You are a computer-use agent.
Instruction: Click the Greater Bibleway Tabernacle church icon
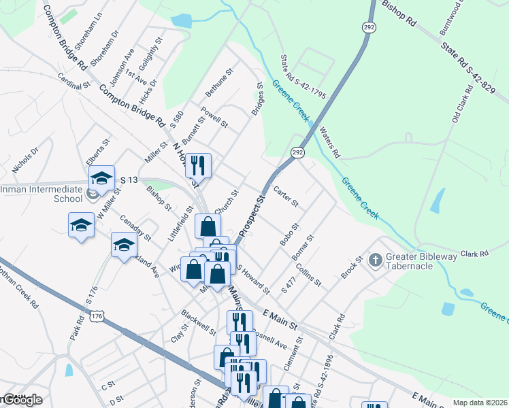(375, 260)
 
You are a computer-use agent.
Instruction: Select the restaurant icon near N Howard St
(198, 165)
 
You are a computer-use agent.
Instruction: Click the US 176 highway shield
(98, 317)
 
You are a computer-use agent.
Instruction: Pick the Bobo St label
(289, 233)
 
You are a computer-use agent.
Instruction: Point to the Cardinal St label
(74, 82)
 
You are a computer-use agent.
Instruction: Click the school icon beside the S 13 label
(102, 178)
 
